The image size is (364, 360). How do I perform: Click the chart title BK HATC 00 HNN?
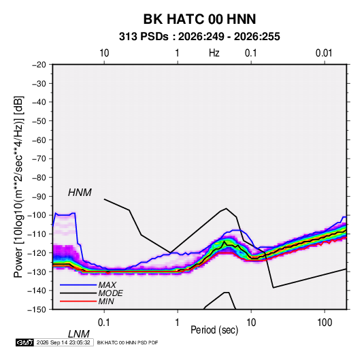point(199,19)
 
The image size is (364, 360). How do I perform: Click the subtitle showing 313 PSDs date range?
point(199,37)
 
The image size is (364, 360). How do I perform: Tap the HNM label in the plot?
point(80,193)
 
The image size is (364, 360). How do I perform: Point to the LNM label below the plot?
point(78,334)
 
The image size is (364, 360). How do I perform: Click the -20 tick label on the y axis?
point(39,65)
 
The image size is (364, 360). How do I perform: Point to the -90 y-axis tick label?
point(39,196)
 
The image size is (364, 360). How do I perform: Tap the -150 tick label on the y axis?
point(37,310)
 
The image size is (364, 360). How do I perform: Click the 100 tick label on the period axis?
point(325,323)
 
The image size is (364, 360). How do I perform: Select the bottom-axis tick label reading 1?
point(178,323)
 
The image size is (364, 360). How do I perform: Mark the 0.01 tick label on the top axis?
point(324,53)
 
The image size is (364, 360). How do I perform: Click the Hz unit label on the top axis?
point(214,53)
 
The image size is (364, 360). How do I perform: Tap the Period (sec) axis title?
point(214,330)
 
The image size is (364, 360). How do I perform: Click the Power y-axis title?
point(18,187)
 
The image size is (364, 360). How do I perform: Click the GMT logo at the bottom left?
point(25,342)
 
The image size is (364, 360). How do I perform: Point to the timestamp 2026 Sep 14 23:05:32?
point(63,342)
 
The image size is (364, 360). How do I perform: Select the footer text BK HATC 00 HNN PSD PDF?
point(127,342)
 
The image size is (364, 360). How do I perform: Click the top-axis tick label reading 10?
point(104,53)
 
